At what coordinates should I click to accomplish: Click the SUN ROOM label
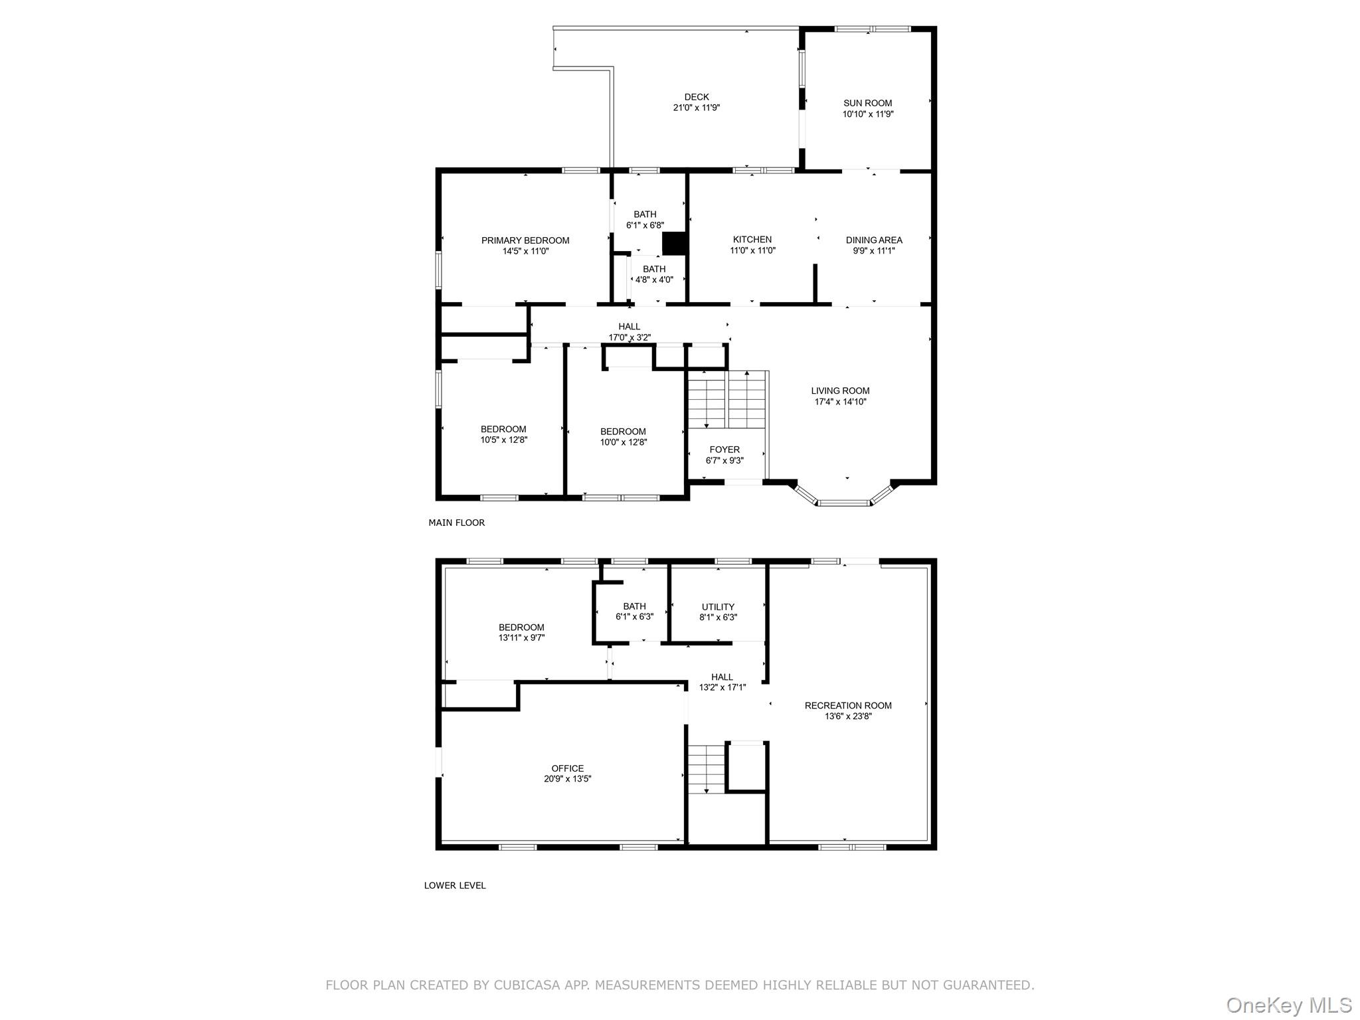867,103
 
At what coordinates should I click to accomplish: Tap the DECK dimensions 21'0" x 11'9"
696,108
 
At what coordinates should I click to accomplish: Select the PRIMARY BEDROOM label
525,240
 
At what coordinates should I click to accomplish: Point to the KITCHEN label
752,239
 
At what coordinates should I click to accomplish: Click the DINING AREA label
873,240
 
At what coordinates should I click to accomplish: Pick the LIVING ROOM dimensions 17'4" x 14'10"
840,402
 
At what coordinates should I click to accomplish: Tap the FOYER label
724,450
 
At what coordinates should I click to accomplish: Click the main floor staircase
727,399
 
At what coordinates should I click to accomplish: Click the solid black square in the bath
673,243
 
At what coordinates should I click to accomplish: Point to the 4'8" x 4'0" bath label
653,280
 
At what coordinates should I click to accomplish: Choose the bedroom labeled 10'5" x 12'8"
503,434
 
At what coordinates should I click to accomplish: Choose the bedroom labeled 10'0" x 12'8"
622,436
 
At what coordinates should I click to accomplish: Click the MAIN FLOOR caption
456,523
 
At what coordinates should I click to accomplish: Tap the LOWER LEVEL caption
454,885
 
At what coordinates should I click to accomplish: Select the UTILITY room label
718,606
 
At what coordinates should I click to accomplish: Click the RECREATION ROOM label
847,705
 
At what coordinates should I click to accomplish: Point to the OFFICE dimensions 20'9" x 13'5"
567,779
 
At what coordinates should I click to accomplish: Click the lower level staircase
705,768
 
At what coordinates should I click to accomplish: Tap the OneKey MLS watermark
1288,1005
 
